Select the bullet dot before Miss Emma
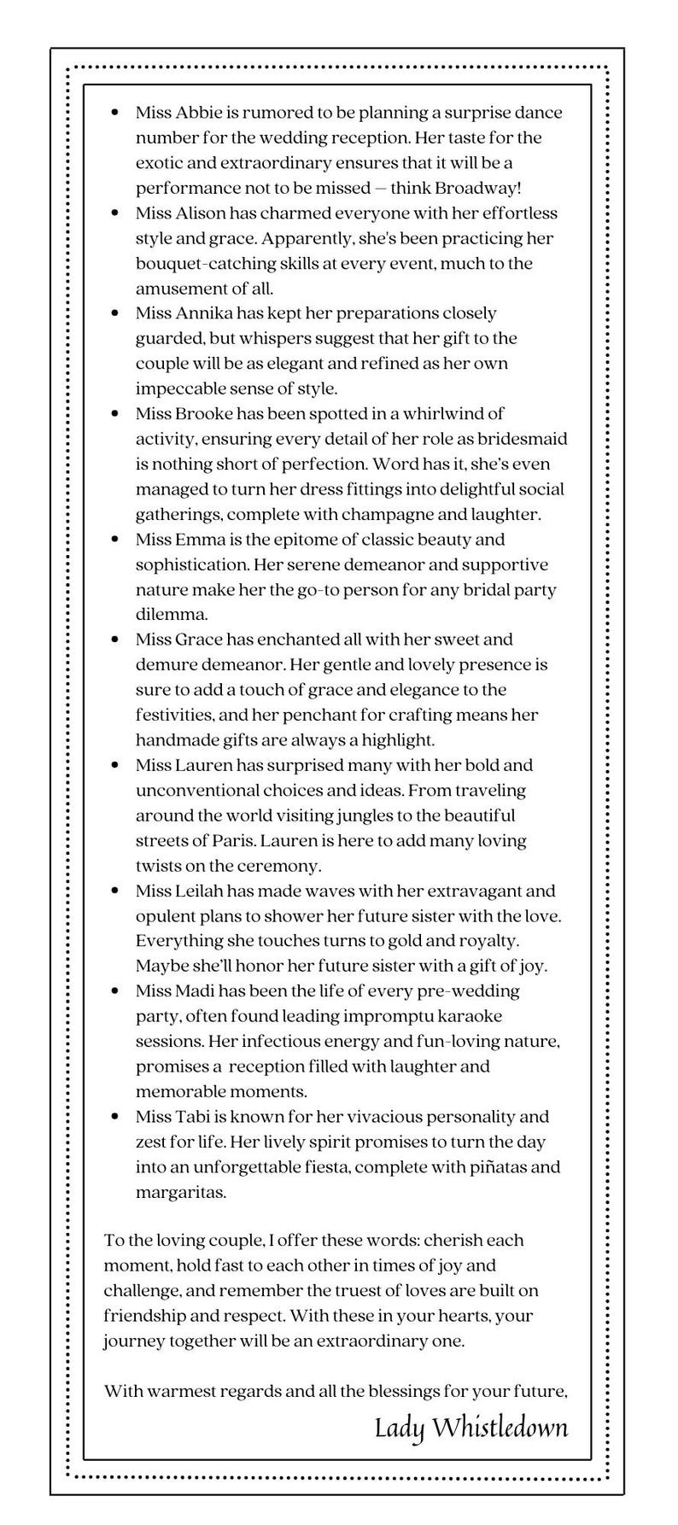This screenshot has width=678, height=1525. click(114, 540)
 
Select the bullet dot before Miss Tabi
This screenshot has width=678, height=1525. click(114, 1117)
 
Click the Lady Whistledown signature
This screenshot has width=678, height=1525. click(471, 1429)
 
